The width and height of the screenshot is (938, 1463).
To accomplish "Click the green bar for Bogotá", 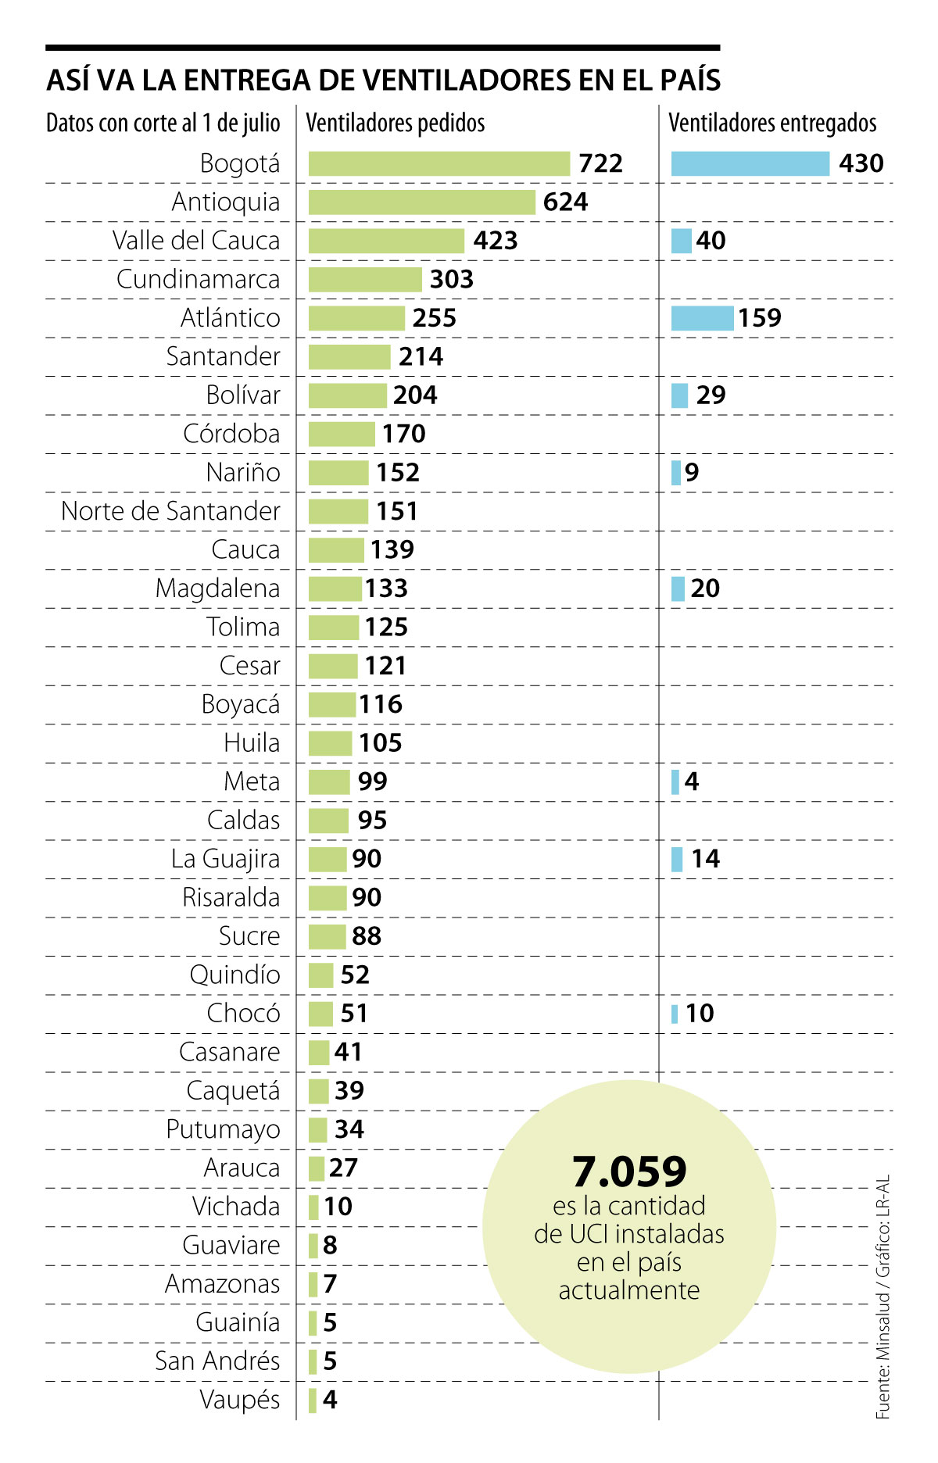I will point(439,163).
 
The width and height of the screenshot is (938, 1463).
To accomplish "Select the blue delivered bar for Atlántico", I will point(701,318).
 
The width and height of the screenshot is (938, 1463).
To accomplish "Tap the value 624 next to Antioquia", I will point(565,202).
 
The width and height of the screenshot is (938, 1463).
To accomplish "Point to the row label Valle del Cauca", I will point(195,241).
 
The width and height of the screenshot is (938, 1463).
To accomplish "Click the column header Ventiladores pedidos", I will point(395,123).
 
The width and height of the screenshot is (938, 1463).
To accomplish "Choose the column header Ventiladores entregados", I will point(772,123).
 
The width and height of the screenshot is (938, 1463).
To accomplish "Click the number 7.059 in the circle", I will point(629,1171).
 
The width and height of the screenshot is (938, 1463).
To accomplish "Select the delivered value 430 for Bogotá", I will point(861,163).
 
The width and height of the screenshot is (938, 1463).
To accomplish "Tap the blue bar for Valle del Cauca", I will point(681,241).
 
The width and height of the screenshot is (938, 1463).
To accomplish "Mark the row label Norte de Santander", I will point(170,511).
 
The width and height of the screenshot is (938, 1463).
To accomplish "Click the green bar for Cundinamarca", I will point(365,279).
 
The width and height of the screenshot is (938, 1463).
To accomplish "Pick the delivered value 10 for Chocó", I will point(700,1014).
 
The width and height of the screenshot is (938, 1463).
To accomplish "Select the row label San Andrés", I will point(217,1361).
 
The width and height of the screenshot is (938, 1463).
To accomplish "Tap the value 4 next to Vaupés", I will point(330,1400).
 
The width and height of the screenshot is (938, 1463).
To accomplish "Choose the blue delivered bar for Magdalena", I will point(678,588).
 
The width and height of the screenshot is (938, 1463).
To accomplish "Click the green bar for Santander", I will point(349,356).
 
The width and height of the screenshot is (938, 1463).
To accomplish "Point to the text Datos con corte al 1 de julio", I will point(163,123).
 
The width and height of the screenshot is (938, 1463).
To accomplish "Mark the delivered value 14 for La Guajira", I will point(705,859).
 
